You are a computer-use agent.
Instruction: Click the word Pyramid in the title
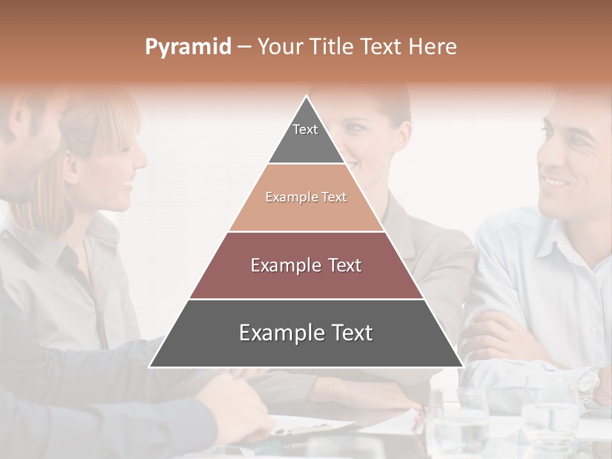coord(187,47)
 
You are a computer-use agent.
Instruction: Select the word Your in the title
coord(279,47)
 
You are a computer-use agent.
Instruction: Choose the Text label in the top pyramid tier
coord(305,129)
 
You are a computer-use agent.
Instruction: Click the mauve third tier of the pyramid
coord(306,280)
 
